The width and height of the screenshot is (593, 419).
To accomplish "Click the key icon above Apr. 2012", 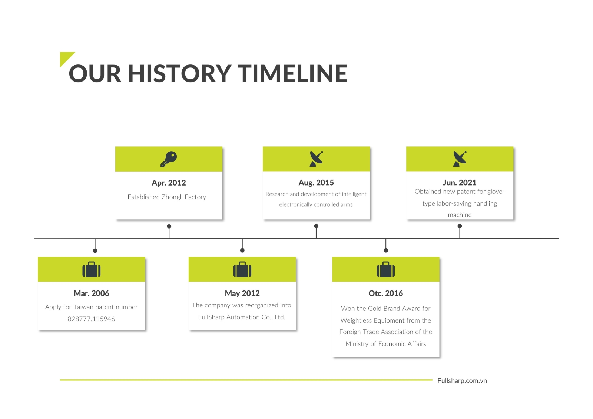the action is [169, 159].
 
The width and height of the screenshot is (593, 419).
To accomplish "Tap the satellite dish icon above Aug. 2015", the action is [317, 159].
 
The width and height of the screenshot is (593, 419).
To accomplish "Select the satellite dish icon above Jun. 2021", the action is [460, 159].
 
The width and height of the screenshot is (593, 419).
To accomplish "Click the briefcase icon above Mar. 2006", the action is [91, 269].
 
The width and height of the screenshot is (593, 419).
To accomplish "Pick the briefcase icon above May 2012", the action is [242, 269].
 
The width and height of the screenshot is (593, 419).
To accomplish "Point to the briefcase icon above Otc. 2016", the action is [386, 269].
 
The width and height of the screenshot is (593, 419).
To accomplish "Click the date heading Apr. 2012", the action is [169, 183].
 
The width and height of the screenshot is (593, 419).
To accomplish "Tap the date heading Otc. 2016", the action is [386, 293].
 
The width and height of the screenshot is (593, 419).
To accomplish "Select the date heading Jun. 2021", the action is [460, 183].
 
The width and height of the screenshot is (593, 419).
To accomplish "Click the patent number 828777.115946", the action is [91, 319].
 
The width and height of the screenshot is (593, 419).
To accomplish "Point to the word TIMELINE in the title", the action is [292, 73].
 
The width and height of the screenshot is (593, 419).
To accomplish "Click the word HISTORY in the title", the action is [180, 73].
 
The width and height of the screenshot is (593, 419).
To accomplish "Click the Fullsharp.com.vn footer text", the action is [462, 380].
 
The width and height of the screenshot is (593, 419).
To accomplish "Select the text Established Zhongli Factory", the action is [167, 197].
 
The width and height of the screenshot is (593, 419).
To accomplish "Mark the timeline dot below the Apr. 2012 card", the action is [169, 226].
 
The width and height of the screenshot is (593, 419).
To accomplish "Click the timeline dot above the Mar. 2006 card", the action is [95, 251].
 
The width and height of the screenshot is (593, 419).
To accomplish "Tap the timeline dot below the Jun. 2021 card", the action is [460, 226].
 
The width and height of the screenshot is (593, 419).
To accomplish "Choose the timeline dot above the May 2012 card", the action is [242, 250].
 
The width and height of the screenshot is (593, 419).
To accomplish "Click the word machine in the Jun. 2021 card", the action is [460, 215].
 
